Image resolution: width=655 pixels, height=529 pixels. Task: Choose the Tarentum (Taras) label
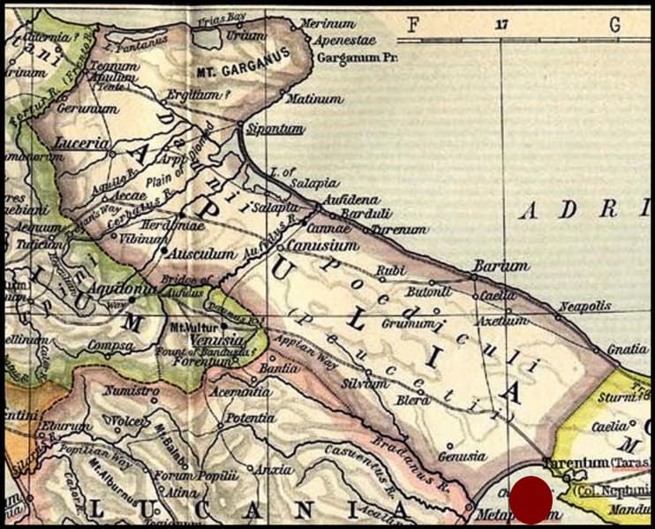point(599,463)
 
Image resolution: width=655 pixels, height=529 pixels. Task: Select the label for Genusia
point(462,457)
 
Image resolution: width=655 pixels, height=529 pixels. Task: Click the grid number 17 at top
point(502,26)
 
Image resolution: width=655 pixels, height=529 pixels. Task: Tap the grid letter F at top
point(412,26)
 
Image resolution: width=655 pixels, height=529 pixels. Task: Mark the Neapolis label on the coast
point(583,306)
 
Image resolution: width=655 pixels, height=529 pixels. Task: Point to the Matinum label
point(315,99)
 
